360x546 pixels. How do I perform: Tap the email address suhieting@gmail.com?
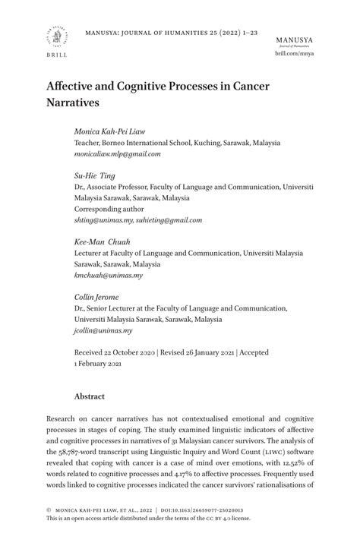[169, 219]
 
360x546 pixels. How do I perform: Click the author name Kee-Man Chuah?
[103, 241]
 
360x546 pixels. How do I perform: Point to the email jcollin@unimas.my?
[103, 330]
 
